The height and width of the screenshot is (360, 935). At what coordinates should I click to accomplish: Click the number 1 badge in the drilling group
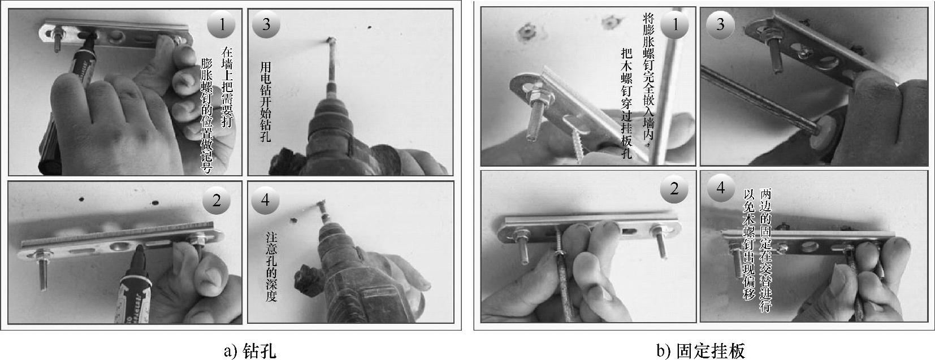point(222,24)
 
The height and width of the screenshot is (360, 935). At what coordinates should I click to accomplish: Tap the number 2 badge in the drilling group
point(217,201)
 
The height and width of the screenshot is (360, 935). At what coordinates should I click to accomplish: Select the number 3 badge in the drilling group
point(266,24)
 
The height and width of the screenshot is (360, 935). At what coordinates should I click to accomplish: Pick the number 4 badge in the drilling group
point(266,201)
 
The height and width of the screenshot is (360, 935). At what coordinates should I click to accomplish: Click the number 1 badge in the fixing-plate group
point(675,25)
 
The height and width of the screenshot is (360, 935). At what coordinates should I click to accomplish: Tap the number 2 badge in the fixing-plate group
point(674,189)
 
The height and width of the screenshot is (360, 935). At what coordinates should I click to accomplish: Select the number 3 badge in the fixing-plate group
point(720,24)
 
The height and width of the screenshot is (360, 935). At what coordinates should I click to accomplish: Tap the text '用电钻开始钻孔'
point(266,102)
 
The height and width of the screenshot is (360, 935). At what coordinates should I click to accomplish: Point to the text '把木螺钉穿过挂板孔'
point(626,104)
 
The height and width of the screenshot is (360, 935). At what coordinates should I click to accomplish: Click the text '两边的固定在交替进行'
point(765,250)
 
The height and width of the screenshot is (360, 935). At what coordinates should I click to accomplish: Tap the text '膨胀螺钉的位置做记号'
point(207,115)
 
